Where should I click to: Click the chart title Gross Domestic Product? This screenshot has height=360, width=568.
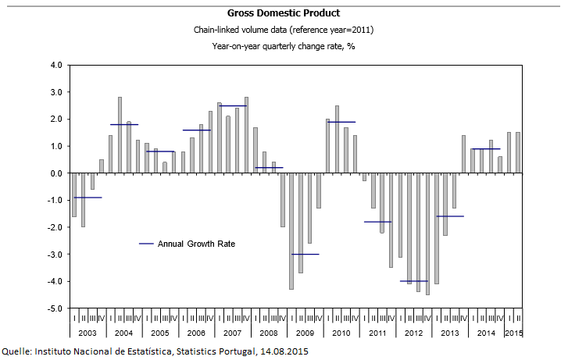point(284,13)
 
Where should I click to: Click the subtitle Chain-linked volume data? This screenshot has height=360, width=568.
point(284,30)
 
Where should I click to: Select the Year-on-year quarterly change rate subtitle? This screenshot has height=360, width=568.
point(284,46)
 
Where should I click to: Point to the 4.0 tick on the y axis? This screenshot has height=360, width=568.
point(55,65)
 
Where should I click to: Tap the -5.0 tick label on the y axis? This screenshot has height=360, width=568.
point(54,308)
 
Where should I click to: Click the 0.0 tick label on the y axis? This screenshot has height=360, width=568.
point(55,173)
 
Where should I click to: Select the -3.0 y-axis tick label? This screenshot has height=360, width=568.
point(54,255)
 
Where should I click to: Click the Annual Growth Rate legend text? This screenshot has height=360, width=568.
point(196,244)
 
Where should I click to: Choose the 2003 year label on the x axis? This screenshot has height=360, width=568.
point(87,333)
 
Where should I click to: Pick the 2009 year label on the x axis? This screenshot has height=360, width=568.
point(305,333)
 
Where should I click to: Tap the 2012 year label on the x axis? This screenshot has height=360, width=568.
point(413,333)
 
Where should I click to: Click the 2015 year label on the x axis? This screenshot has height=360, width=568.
point(514,333)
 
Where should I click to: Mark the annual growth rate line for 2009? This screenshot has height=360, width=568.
point(305,254)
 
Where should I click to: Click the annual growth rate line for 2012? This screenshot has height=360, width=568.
point(413,280)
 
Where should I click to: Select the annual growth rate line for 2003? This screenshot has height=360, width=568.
point(87,198)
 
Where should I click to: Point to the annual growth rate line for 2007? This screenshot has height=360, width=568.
point(232,105)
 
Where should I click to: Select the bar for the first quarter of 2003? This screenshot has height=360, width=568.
point(74,195)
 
